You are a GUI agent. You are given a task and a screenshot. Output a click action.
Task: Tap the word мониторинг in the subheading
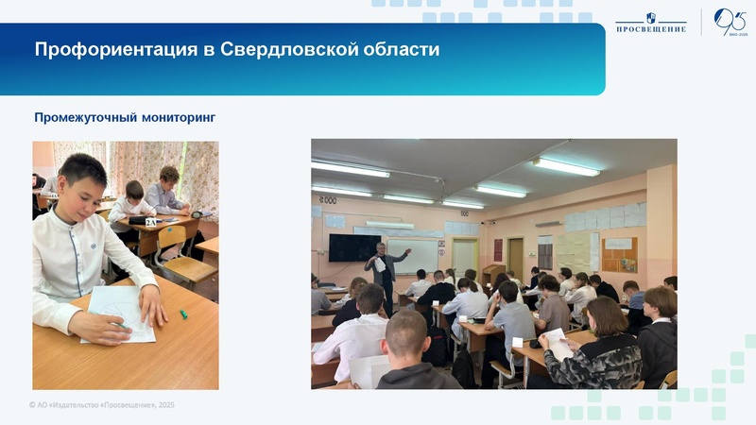(x=180, y=118)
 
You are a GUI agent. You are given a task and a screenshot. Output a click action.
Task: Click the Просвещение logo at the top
(x=650, y=22)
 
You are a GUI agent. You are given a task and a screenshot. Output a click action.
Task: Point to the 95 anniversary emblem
(x=730, y=22)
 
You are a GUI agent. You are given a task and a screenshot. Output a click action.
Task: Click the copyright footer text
(x=102, y=405)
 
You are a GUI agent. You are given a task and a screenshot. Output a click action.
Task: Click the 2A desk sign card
(x=150, y=222)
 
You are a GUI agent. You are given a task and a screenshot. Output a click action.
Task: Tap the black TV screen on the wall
(x=354, y=247)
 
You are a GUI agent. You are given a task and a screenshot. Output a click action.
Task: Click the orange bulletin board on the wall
(x=619, y=254)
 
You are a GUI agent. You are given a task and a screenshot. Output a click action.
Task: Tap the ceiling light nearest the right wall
(x=567, y=166)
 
